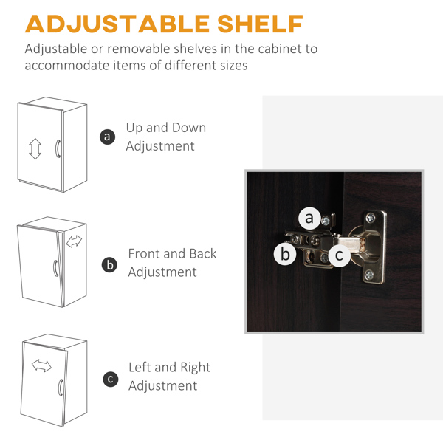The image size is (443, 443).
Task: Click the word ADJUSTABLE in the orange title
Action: click(x=117, y=24)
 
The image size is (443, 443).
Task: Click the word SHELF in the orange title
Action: click(x=260, y=24)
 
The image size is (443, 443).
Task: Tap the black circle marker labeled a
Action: click(x=107, y=137)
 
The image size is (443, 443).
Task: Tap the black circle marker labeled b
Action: click(x=109, y=265)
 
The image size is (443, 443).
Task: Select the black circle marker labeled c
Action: click(x=111, y=379)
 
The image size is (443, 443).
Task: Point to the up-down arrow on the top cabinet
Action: click(x=35, y=148)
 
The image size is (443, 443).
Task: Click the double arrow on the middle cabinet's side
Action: click(x=74, y=241)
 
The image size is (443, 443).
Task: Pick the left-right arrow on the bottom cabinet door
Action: click(x=41, y=365)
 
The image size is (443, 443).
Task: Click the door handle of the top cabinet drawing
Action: click(x=58, y=148)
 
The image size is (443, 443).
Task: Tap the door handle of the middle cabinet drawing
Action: click(x=55, y=268)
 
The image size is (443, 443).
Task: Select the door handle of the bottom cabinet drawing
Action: click(x=61, y=388)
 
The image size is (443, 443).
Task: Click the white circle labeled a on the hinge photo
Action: click(x=310, y=219)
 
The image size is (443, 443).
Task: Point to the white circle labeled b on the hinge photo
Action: click(x=285, y=254)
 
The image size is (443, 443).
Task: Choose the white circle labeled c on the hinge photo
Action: click(x=339, y=255)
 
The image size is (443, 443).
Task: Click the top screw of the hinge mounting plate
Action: click(x=371, y=218)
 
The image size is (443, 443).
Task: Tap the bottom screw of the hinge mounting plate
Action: click(x=369, y=275)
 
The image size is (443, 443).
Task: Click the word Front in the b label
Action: click(x=144, y=253)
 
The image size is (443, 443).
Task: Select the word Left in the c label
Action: click(x=140, y=367)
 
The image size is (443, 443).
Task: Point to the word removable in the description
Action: click(x=139, y=49)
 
